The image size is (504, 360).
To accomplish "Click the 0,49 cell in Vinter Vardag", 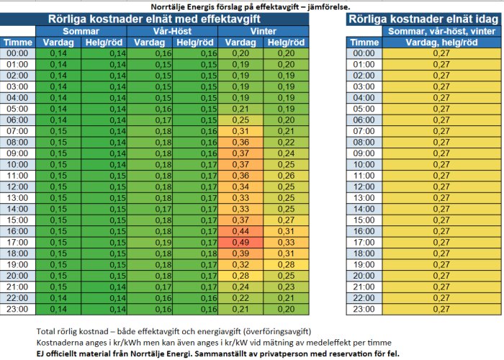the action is click(x=240, y=243).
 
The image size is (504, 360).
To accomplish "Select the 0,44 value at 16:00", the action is click(x=240, y=231).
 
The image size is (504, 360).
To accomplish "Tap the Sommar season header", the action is click(x=81, y=31).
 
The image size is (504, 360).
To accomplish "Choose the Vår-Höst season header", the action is click(x=172, y=31).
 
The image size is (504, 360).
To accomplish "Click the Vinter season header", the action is click(x=264, y=31).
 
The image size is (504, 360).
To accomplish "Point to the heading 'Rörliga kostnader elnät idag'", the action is click(x=423, y=19).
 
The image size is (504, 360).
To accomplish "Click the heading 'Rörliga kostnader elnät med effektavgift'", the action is click(x=154, y=19).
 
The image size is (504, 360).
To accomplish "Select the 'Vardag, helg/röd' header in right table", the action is click(x=441, y=42).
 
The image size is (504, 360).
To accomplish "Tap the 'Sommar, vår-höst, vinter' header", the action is click(x=441, y=31).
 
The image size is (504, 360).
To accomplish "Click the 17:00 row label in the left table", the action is click(x=17, y=243).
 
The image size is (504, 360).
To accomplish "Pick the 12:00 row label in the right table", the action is click(x=364, y=186).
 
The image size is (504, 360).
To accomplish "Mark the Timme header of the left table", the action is click(x=18, y=42).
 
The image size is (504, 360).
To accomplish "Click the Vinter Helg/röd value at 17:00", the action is click(x=286, y=243).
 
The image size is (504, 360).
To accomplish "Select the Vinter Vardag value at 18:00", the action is click(x=240, y=253).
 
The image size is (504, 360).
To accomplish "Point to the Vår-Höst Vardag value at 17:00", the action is click(x=150, y=243).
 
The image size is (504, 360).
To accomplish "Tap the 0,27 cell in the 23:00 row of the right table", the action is click(x=441, y=309).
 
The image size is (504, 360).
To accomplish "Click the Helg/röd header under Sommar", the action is click(x=104, y=42).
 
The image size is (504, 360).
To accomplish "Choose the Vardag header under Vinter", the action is click(x=240, y=42).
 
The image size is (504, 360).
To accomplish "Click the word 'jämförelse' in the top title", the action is click(x=328, y=6).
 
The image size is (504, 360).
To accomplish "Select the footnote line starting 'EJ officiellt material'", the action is click(x=217, y=354).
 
